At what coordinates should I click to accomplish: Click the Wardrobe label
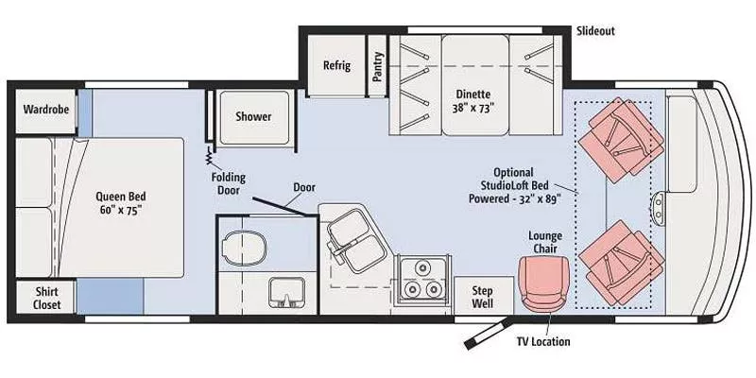(x=46, y=110)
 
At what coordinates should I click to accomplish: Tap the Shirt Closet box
(x=46, y=298)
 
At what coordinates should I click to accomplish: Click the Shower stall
(x=253, y=117)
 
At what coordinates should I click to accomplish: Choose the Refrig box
(x=336, y=66)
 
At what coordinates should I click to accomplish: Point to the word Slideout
(x=595, y=31)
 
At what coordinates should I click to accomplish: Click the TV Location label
(x=542, y=341)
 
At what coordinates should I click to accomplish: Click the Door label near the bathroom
(x=303, y=187)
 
